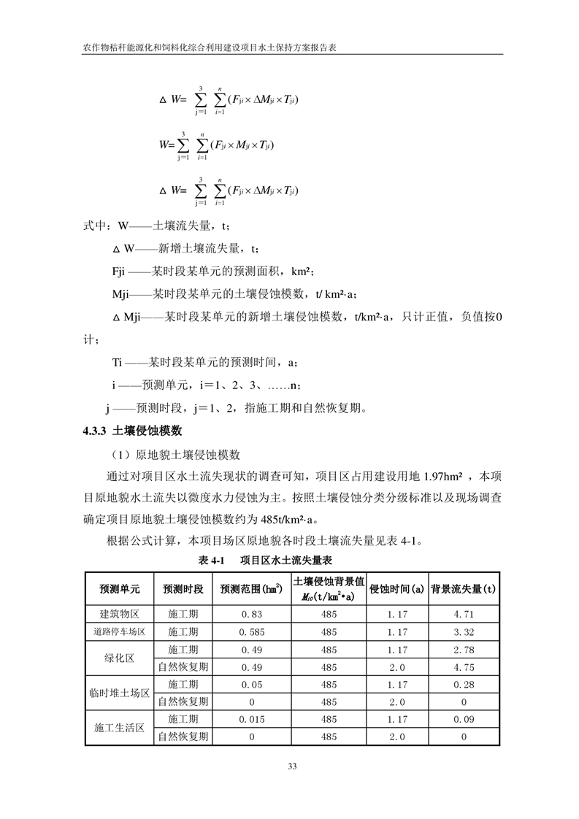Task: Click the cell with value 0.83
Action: tap(251, 614)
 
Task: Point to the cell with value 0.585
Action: tap(251, 631)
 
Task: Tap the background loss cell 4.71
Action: tap(464, 614)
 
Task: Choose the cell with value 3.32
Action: tap(464, 631)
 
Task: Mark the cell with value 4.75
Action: tap(464, 666)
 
